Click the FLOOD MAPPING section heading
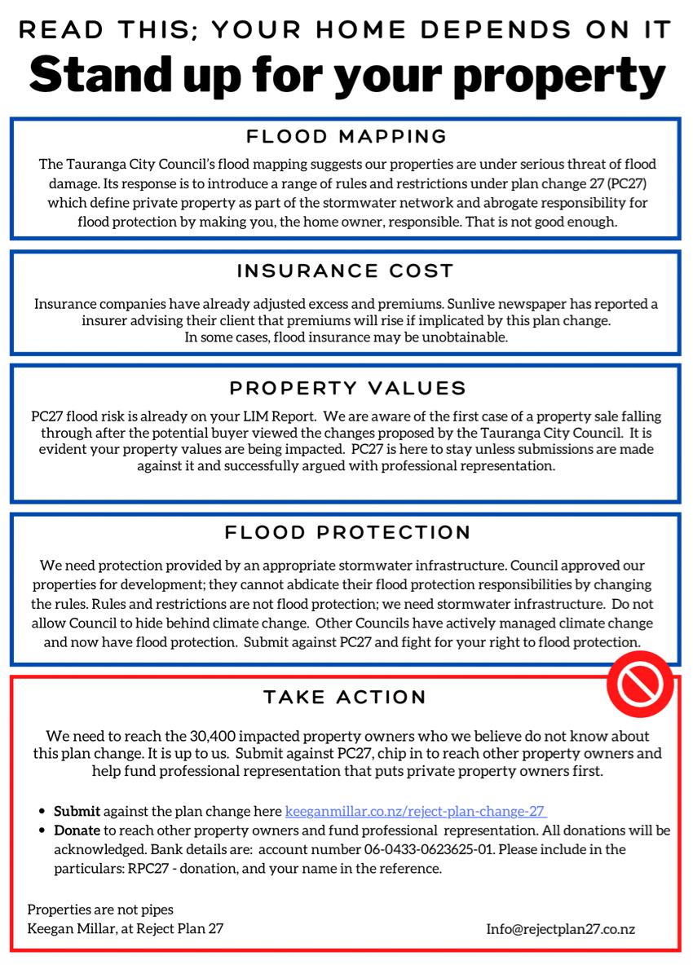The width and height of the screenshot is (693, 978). point(346,136)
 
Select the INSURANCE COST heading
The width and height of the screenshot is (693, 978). point(346,271)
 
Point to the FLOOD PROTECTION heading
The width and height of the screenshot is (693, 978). point(347,533)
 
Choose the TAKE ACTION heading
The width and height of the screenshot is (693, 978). point(346,698)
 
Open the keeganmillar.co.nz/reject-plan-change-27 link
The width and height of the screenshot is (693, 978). point(416,812)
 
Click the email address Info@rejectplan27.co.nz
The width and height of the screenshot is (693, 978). point(561,928)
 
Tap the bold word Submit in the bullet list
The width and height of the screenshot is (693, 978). point(77,812)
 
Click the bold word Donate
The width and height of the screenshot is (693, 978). point(77,830)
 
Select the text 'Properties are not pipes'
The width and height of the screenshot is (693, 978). point(100,910)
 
